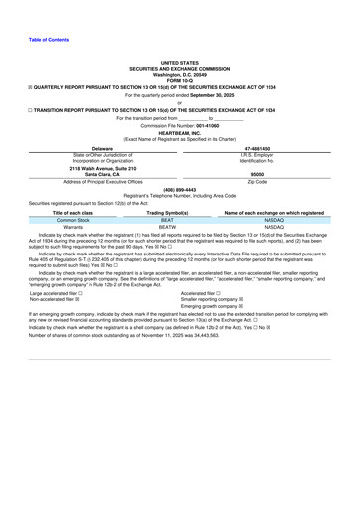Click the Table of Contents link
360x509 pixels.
(x=36, y=39)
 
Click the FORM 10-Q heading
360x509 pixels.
(x=179, y=79)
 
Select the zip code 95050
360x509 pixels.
(x=271, y=174)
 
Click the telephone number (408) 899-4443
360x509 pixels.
(x=179, y=188)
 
